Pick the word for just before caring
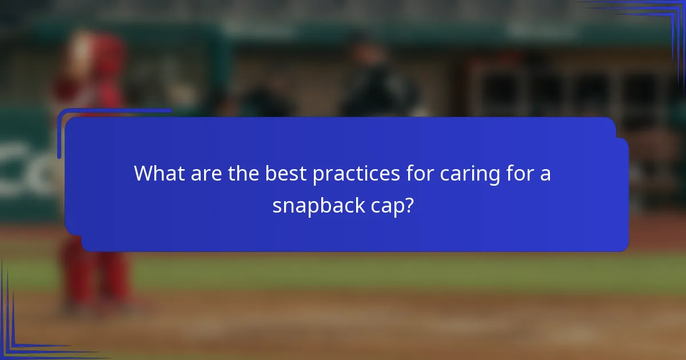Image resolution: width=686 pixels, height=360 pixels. (420, 174)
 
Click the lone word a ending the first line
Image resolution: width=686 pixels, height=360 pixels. (546, 174)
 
